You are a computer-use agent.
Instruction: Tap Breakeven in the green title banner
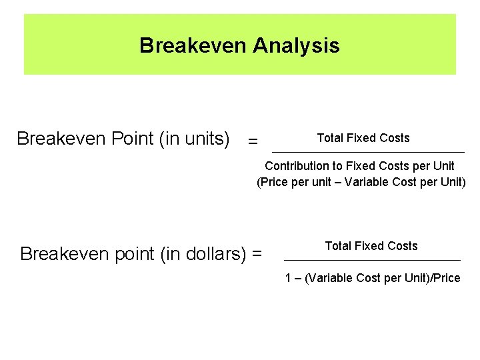pyautogui.click(x=193, y=45)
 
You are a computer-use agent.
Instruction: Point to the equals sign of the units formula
pyautogui.click(x=252, y=141)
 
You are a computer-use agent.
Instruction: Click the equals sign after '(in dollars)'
pyautogui.click(x=257, y=255)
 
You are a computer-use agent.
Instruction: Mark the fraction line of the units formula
pyautogui.click(x=368, y=152)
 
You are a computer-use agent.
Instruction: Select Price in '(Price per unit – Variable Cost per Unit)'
pyautogui.click(x=275, y=181)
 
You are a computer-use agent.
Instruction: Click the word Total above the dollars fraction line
pyautogui.click(x=337, y=246)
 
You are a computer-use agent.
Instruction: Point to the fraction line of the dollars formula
pyautogui.click(x=372, y=259)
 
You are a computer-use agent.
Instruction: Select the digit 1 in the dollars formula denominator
pyautogui.click(x=288, y=278)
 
